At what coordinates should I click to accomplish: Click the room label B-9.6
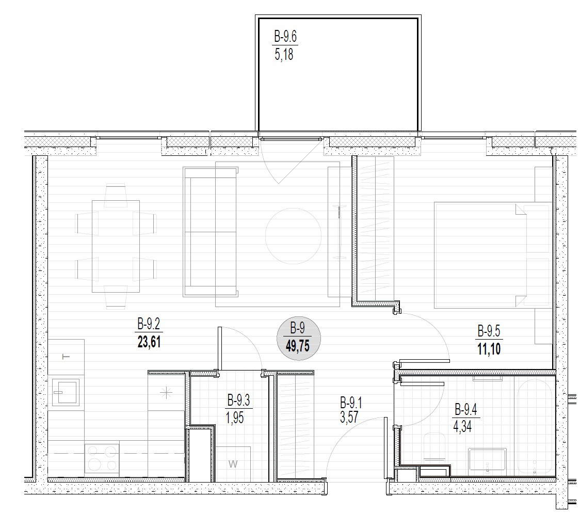point(285,37)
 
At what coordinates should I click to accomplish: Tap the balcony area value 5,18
point(284,54)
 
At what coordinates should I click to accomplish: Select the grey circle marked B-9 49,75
point(298,338)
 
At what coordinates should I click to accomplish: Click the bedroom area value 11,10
point(489,349)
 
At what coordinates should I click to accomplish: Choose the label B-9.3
point(238,400)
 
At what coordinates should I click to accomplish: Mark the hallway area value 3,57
point(349,417)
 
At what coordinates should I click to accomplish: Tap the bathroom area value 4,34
point(462,427)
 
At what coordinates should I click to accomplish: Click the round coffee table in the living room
point(293,236)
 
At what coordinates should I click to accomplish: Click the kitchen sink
point(66,392)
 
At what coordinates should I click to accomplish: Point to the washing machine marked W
point(233,464)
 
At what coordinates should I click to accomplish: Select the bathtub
point(535,427)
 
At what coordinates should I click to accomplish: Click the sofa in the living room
point(210,232)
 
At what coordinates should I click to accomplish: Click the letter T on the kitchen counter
point(66,357)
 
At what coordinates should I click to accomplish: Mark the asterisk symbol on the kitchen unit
point(167,392)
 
